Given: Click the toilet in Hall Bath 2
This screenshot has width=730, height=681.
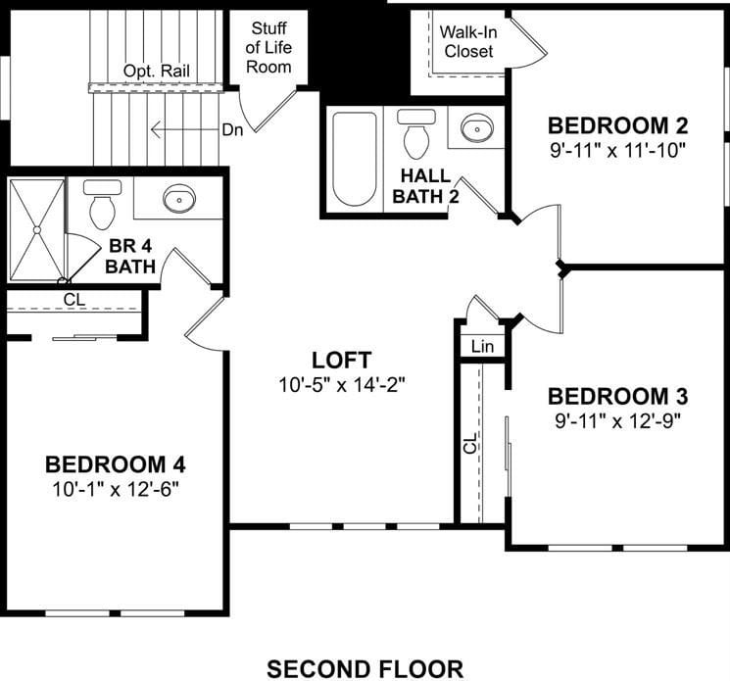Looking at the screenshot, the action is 416,134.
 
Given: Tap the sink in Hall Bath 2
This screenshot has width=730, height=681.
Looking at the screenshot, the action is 477,127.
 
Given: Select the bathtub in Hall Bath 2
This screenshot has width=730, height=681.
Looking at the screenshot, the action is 355,159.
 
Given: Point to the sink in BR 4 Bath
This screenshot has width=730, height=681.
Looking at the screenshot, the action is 179,198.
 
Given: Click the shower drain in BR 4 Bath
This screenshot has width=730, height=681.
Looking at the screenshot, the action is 37,230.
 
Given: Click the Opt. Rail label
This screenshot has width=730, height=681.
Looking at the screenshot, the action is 157,72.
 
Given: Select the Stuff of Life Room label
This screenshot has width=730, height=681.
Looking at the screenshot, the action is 268,47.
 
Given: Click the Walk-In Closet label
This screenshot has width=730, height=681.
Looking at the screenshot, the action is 468,41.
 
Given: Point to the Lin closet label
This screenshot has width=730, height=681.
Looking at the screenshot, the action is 482,346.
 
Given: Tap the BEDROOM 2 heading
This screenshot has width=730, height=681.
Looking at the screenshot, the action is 617,125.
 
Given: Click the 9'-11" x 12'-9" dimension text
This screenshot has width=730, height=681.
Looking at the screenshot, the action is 617,421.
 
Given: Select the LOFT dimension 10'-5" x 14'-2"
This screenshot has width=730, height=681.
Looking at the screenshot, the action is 342,385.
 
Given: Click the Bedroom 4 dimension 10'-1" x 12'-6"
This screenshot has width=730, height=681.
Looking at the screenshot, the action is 116,489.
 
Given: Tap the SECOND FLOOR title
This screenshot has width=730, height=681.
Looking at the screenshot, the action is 365,669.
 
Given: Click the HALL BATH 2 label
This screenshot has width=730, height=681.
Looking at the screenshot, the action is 425,186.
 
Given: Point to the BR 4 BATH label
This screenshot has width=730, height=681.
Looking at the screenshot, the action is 130,256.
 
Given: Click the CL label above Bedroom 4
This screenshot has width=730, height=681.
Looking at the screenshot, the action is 74,299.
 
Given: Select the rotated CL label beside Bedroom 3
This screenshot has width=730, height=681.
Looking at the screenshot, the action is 470,443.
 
